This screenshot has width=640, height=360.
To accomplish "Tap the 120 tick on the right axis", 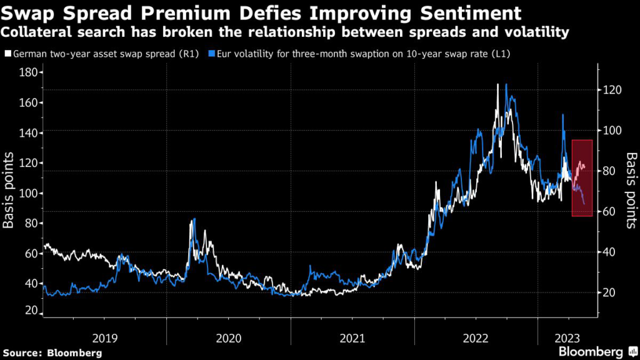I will [x=612, y=90].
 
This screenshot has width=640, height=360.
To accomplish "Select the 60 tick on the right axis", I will [x=609, y=212].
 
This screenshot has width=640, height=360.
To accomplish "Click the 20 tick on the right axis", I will [x=609, y=292].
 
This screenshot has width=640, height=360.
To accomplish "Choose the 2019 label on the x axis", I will [x=104, y=338].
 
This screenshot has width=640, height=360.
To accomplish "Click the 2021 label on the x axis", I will [x=352, y=338].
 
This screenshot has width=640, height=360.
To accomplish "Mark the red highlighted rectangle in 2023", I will [x=582, y=178].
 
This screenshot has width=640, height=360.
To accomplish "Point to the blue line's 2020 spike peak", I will [x=194, y=219].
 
